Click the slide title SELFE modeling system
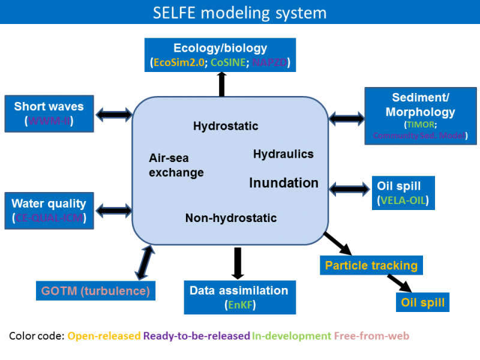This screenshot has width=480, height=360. [239, 13]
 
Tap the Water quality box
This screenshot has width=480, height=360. [49, 210]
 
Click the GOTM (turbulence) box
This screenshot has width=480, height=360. [95, 291]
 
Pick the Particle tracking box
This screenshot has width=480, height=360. [371, 265]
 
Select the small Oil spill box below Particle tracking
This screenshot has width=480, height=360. [422, 302]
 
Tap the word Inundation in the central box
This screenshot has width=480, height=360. [284, 182]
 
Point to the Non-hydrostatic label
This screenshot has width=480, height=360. [231, 218]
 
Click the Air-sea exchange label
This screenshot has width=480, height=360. [176, 165]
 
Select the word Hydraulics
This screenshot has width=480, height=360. [283, 154]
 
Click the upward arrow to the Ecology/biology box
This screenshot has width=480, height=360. [221, 83]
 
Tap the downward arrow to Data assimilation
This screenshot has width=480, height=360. [238, 263]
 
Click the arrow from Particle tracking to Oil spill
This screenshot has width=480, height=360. [399, 283]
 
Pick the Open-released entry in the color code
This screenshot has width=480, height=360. [104, 336]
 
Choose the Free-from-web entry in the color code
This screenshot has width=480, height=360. [371, 336]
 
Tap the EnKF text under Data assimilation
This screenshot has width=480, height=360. [241, 305]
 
